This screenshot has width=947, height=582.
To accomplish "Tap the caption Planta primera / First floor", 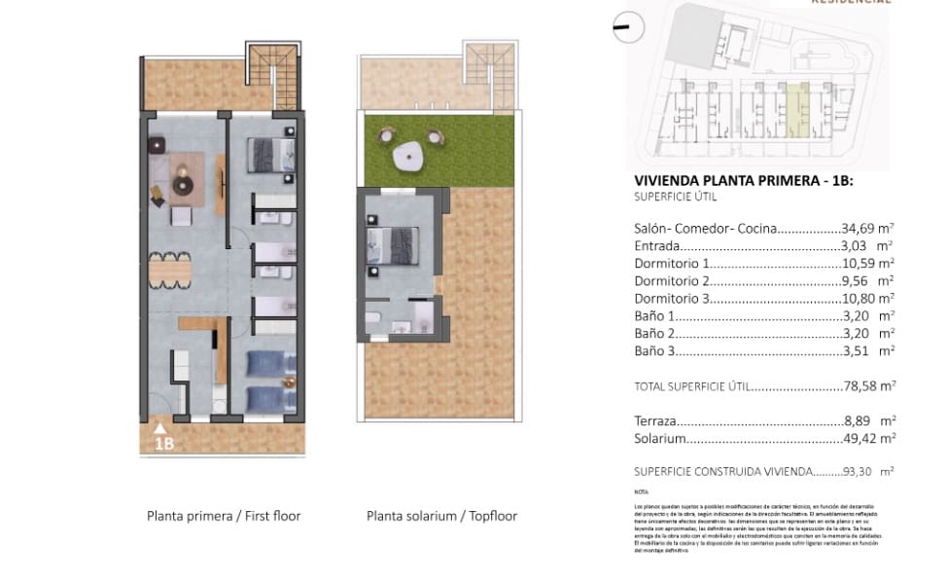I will point(224,516).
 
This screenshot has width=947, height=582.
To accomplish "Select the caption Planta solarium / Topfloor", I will point(441,516).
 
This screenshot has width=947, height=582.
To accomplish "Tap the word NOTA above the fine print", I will point(641,493).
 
